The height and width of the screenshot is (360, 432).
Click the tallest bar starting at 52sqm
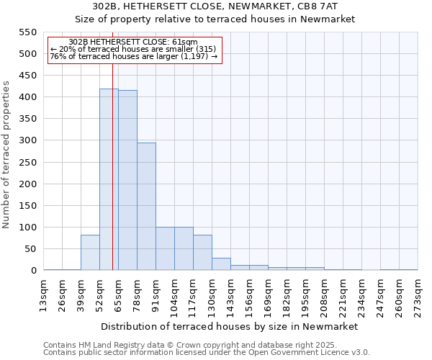(x=109, y=180)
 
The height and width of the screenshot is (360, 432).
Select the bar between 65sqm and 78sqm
(x=127, y=181)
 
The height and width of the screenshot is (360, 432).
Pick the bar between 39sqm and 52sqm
(x=90, y=253)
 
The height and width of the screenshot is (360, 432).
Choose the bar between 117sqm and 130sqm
(x=202, y=253)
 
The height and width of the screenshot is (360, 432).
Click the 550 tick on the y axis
(x=27, y=32)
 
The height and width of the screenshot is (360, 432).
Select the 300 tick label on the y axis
(x=27, y=140)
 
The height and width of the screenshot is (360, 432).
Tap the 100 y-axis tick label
(x=27, y=228)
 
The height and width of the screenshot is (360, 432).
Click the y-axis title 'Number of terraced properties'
(x=6, y=155)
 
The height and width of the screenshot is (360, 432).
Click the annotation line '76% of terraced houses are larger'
(x=134, y=56)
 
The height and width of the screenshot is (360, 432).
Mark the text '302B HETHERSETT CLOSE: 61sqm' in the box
(x=134, y=42)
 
